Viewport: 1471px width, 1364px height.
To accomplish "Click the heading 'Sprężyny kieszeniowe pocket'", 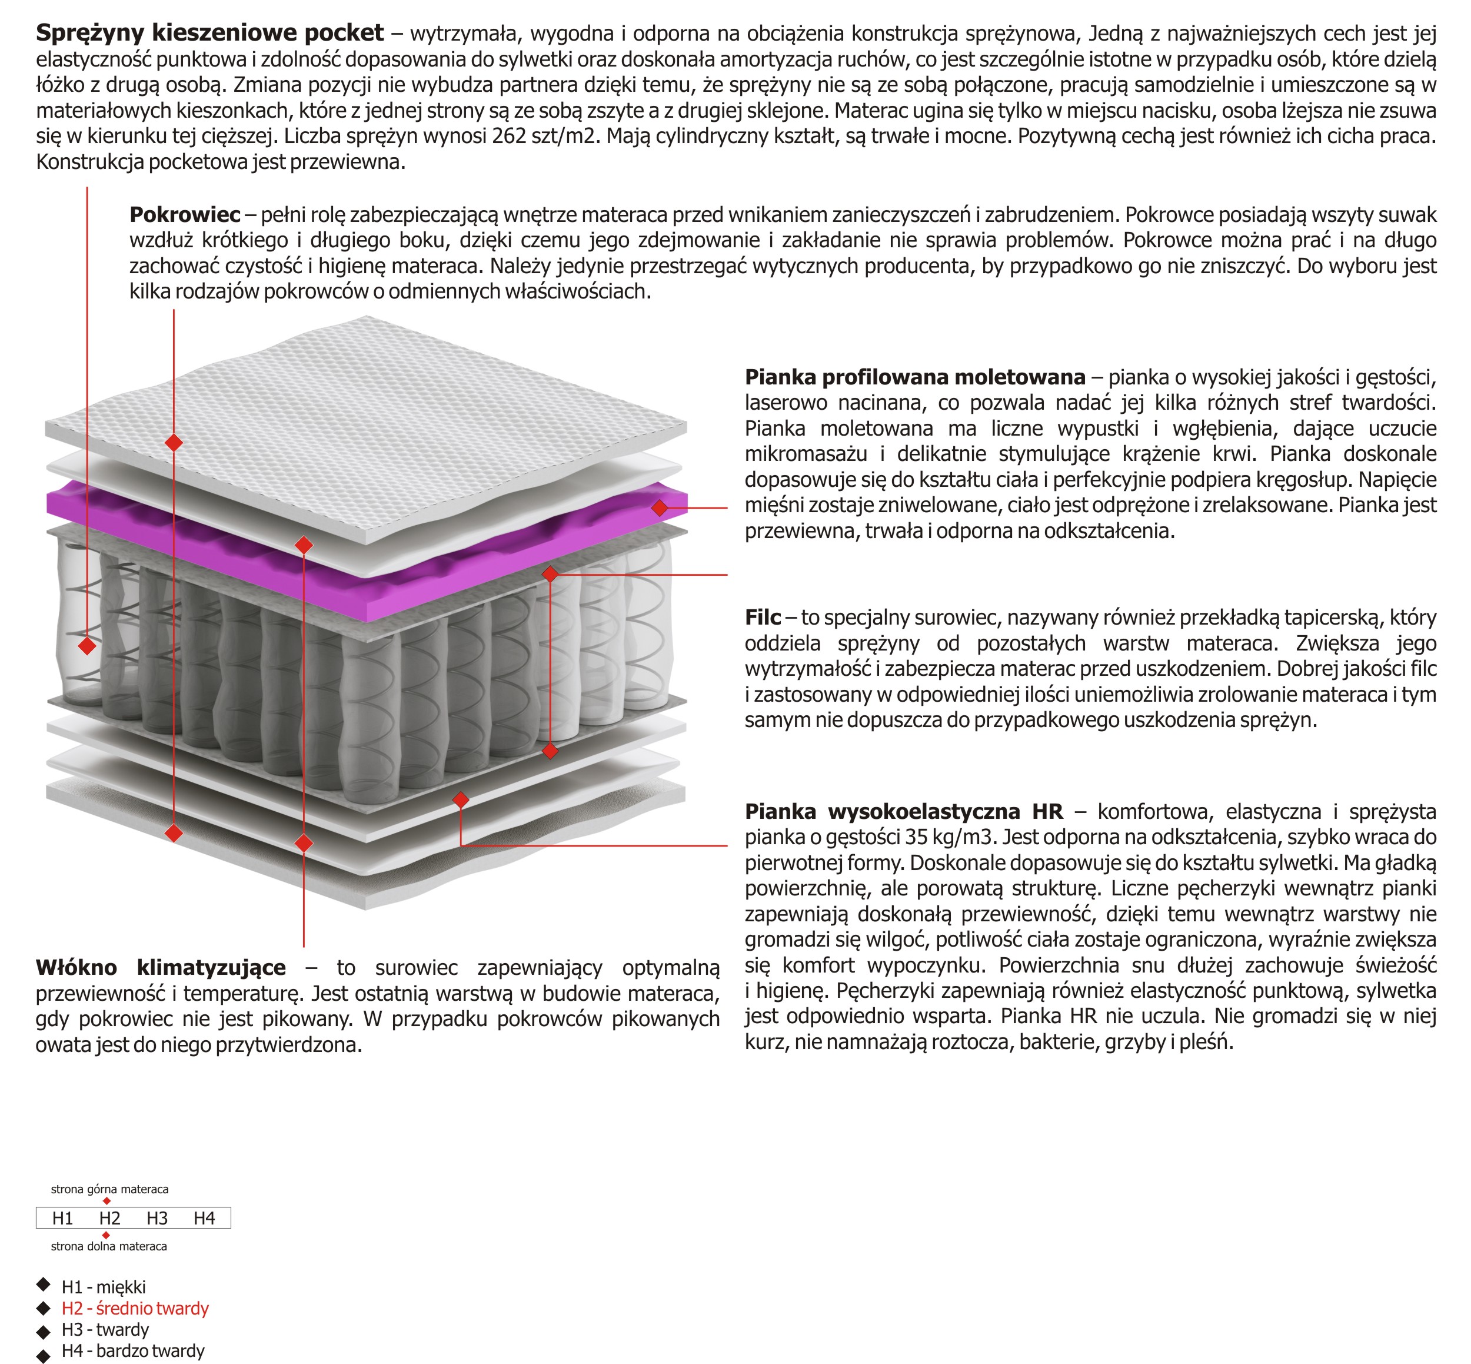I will click(209, 33).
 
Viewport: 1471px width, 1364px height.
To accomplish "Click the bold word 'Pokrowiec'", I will click(184, 215).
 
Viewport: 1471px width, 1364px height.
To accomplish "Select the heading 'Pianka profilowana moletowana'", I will click(915, 377).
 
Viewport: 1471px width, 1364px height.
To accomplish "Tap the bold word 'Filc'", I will click(762, 617).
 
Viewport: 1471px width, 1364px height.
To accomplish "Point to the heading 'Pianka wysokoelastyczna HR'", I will click(904, 811).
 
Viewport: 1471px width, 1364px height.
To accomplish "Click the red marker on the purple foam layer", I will click(660, 508).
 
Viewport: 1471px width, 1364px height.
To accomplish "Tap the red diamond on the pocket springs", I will click(87, 646).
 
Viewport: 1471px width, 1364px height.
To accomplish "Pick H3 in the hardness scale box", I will click(157, 1218).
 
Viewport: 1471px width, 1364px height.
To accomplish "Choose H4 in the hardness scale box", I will click(204, 1218).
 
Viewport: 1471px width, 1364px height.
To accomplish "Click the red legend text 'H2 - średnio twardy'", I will click(135, 1308).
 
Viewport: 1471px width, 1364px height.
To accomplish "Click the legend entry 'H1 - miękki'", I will click(104, 1287).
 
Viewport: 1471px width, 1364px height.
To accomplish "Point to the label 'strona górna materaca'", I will click(109, 1189).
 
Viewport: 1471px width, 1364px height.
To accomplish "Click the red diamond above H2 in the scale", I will click(107, 1201).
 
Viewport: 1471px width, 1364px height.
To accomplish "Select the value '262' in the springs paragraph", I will click(508, 136).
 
